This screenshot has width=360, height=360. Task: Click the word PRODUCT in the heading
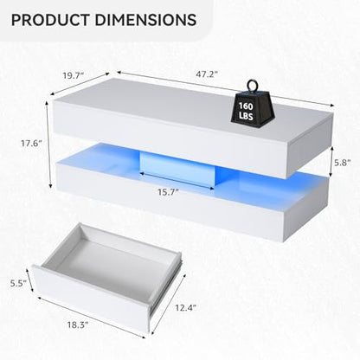pyautogui.click(x=50, y=20)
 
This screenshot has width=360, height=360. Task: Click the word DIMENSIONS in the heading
pyautogui.click(x=145, y=20)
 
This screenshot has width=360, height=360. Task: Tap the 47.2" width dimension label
pyautogui.click(x=207, y=74)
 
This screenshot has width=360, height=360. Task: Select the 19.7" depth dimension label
pyautogui.click(x=74, y=75)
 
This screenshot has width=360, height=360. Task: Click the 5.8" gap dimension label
pyautogui.click(x=343, y=163)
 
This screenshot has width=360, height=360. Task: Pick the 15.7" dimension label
pyautogui.click(x=168, y=192)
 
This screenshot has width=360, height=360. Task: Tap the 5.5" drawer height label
pyautogui.click(x=18, y=283)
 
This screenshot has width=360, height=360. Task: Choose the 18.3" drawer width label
pyautogui.click(x=78, y=325)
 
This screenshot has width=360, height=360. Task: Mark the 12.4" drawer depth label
pyautogui.click(x=186, y=308)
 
